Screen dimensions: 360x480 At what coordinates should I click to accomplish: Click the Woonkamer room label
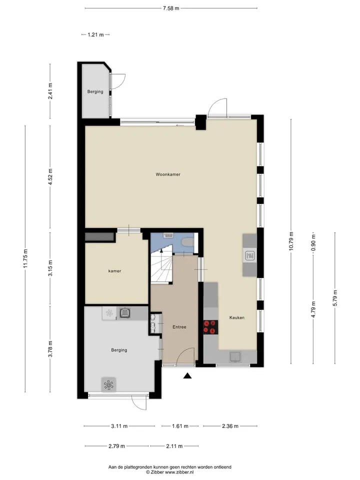168,174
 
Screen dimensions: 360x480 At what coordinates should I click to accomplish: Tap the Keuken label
237,318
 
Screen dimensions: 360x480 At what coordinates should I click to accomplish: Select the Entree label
179,327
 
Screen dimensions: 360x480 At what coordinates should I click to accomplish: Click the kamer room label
115,271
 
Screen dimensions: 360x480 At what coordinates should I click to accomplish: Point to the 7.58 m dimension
171,8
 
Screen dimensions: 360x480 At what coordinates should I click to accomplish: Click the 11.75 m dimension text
25,259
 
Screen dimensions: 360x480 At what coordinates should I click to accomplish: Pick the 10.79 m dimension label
291,241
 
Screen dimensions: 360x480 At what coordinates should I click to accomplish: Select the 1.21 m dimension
95,34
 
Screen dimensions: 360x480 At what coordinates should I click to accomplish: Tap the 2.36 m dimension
230,426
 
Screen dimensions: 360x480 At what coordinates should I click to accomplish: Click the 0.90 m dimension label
313,243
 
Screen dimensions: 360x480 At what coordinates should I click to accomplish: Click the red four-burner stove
210,326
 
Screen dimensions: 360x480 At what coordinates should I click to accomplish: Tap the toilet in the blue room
187,243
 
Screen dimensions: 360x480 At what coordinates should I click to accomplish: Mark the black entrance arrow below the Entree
187,375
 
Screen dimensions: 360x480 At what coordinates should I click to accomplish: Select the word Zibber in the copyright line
156,472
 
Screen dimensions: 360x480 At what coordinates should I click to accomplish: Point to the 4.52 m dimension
50,176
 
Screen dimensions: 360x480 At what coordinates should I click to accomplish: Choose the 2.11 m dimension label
174,446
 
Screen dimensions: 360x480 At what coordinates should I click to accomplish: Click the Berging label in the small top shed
95,91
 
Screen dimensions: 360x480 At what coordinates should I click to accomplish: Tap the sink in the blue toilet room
168,235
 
